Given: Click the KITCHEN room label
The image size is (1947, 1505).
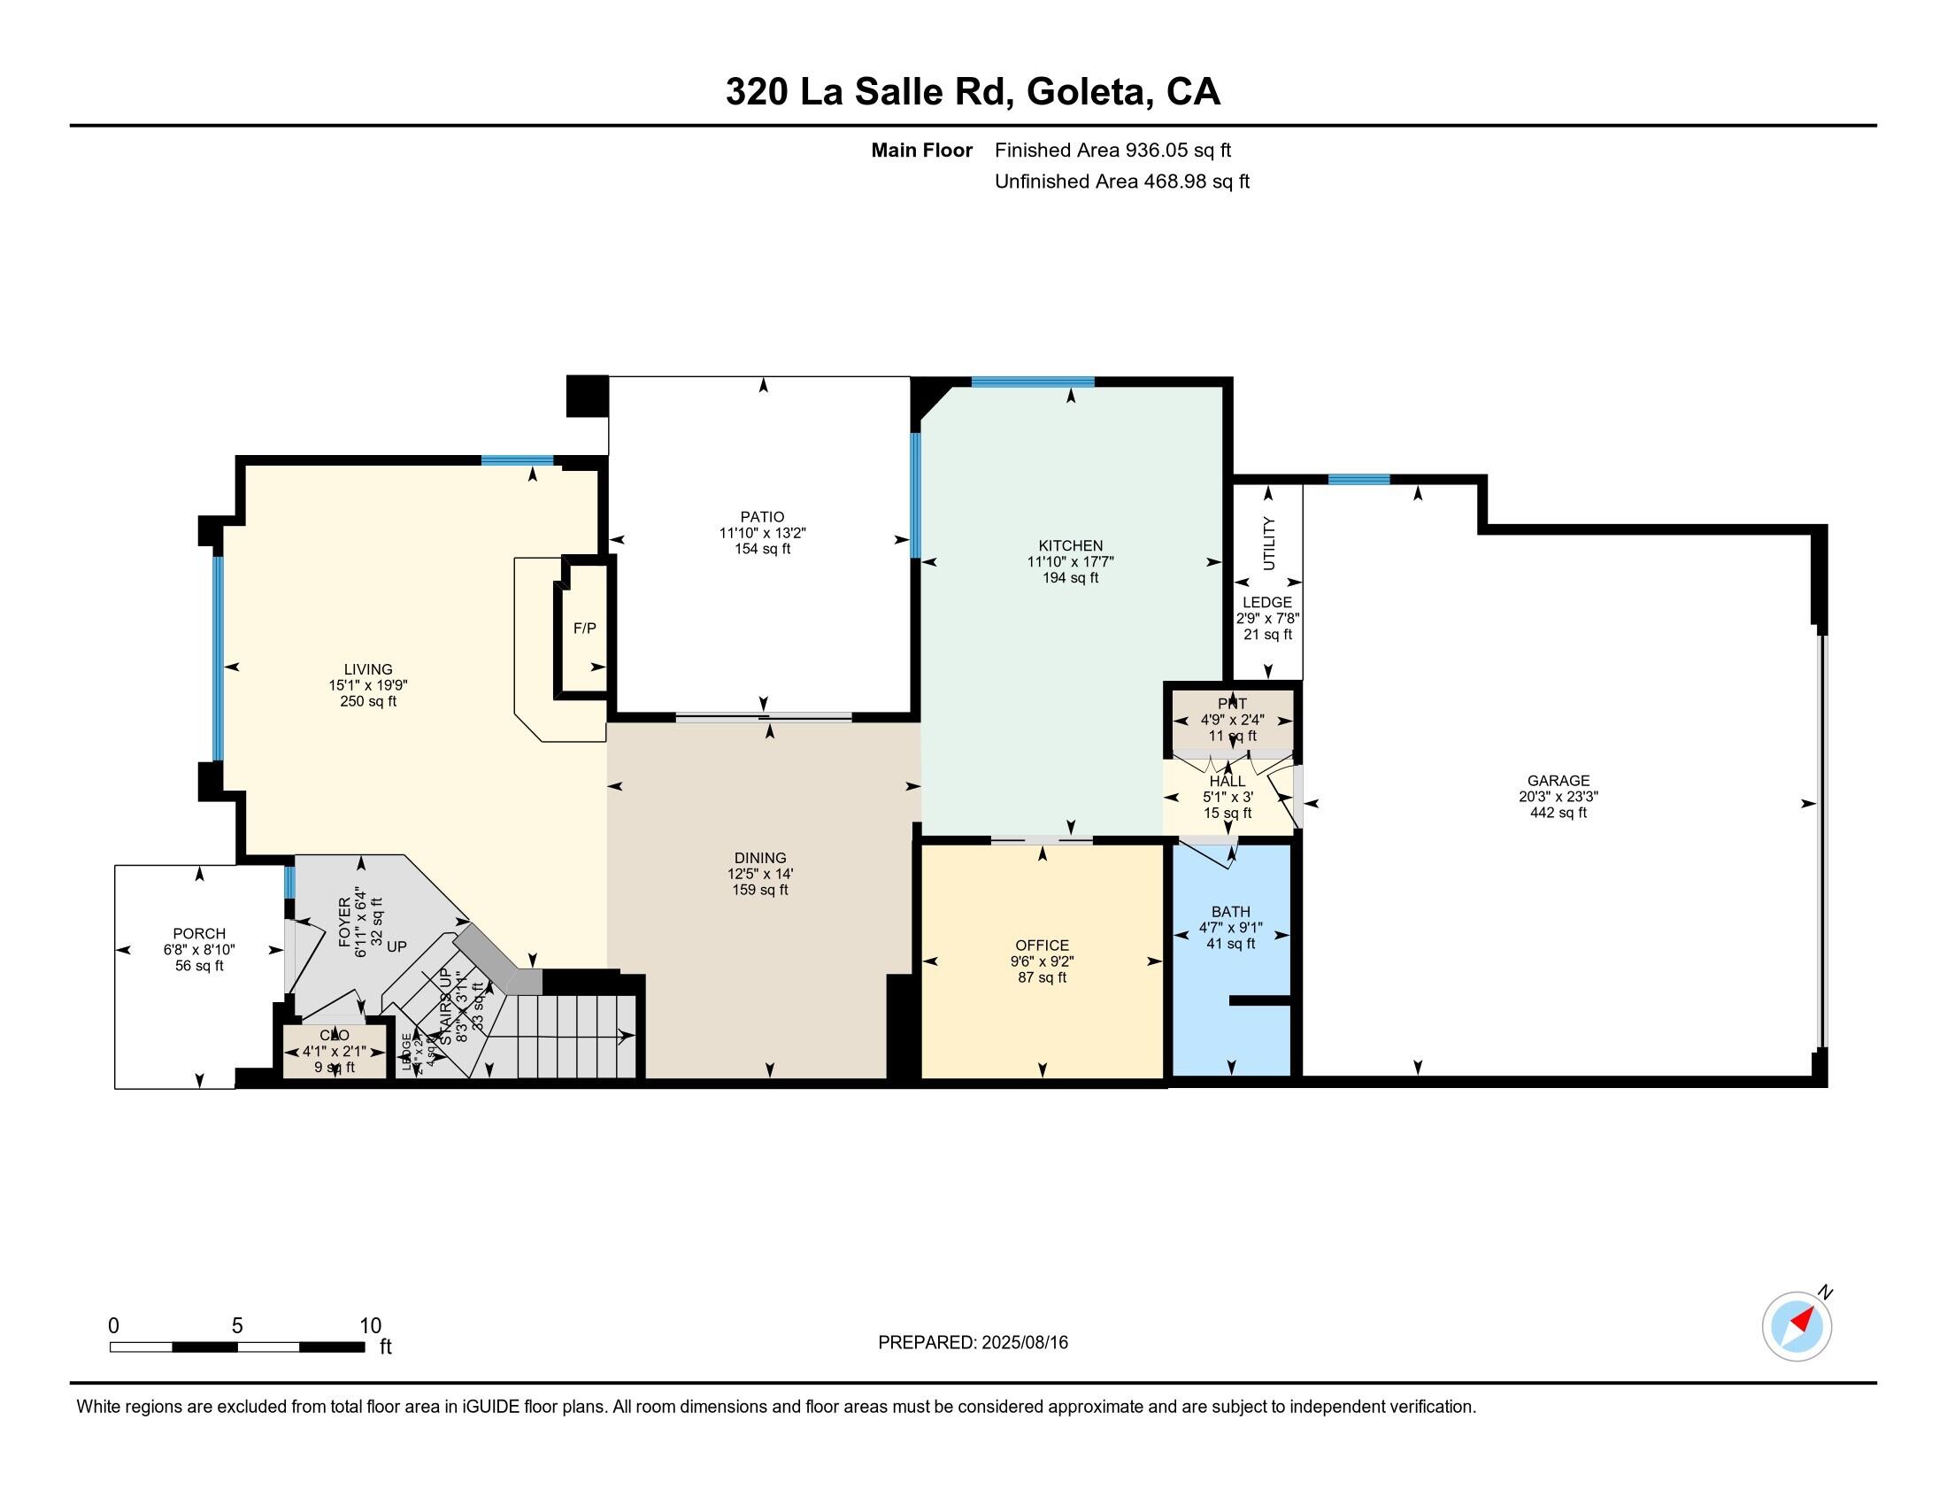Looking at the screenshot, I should pyautogui.click(x=1070, y=545).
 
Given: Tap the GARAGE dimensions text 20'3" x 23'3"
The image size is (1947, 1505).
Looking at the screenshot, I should pyautogui.click(x=1558, y=797).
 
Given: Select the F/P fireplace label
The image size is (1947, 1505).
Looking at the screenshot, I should pyautogui.click(x=584, y=629).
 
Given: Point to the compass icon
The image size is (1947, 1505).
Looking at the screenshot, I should pyautogui.click(x=1797, y=1326).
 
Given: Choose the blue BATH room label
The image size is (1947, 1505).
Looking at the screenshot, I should pyautogui.click(x=1230, y=911).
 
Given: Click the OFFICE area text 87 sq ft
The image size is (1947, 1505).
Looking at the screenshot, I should pyautogui.click(x=1042, y=977).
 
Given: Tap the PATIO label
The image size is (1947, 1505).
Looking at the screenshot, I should pyautogui.click(x=762, y=517).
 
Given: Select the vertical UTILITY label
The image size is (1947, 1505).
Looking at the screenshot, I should pyautogui.click(x=1268, y=543).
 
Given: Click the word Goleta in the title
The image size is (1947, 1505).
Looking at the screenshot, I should pyautogui.click(x=1087, y=92).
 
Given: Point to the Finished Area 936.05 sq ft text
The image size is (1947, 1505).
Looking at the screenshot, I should pyautogui.click(x=1112, y=150).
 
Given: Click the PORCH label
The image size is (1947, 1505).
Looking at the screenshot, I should pyautogui.click(x=199, y=934).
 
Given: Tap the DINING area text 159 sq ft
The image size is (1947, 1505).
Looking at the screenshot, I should pyautogui.click(x=760, y=890).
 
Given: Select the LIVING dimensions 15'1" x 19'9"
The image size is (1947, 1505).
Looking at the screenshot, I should pyautogui.click(x=368, y=685).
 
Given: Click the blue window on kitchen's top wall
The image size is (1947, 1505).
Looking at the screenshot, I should pyautogui.click(x=1032, y=382).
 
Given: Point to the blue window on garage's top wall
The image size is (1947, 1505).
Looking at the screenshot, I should pyautogui.click(x=1358, y=480).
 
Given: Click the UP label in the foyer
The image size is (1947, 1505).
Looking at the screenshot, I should pyautogui.click(x=396, y=946).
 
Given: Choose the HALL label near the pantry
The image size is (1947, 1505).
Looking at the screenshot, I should pyautogui.click(x=1227, y=781).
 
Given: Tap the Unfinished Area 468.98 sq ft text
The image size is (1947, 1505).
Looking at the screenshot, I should pyautogui.click(x=1121, y=181).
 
